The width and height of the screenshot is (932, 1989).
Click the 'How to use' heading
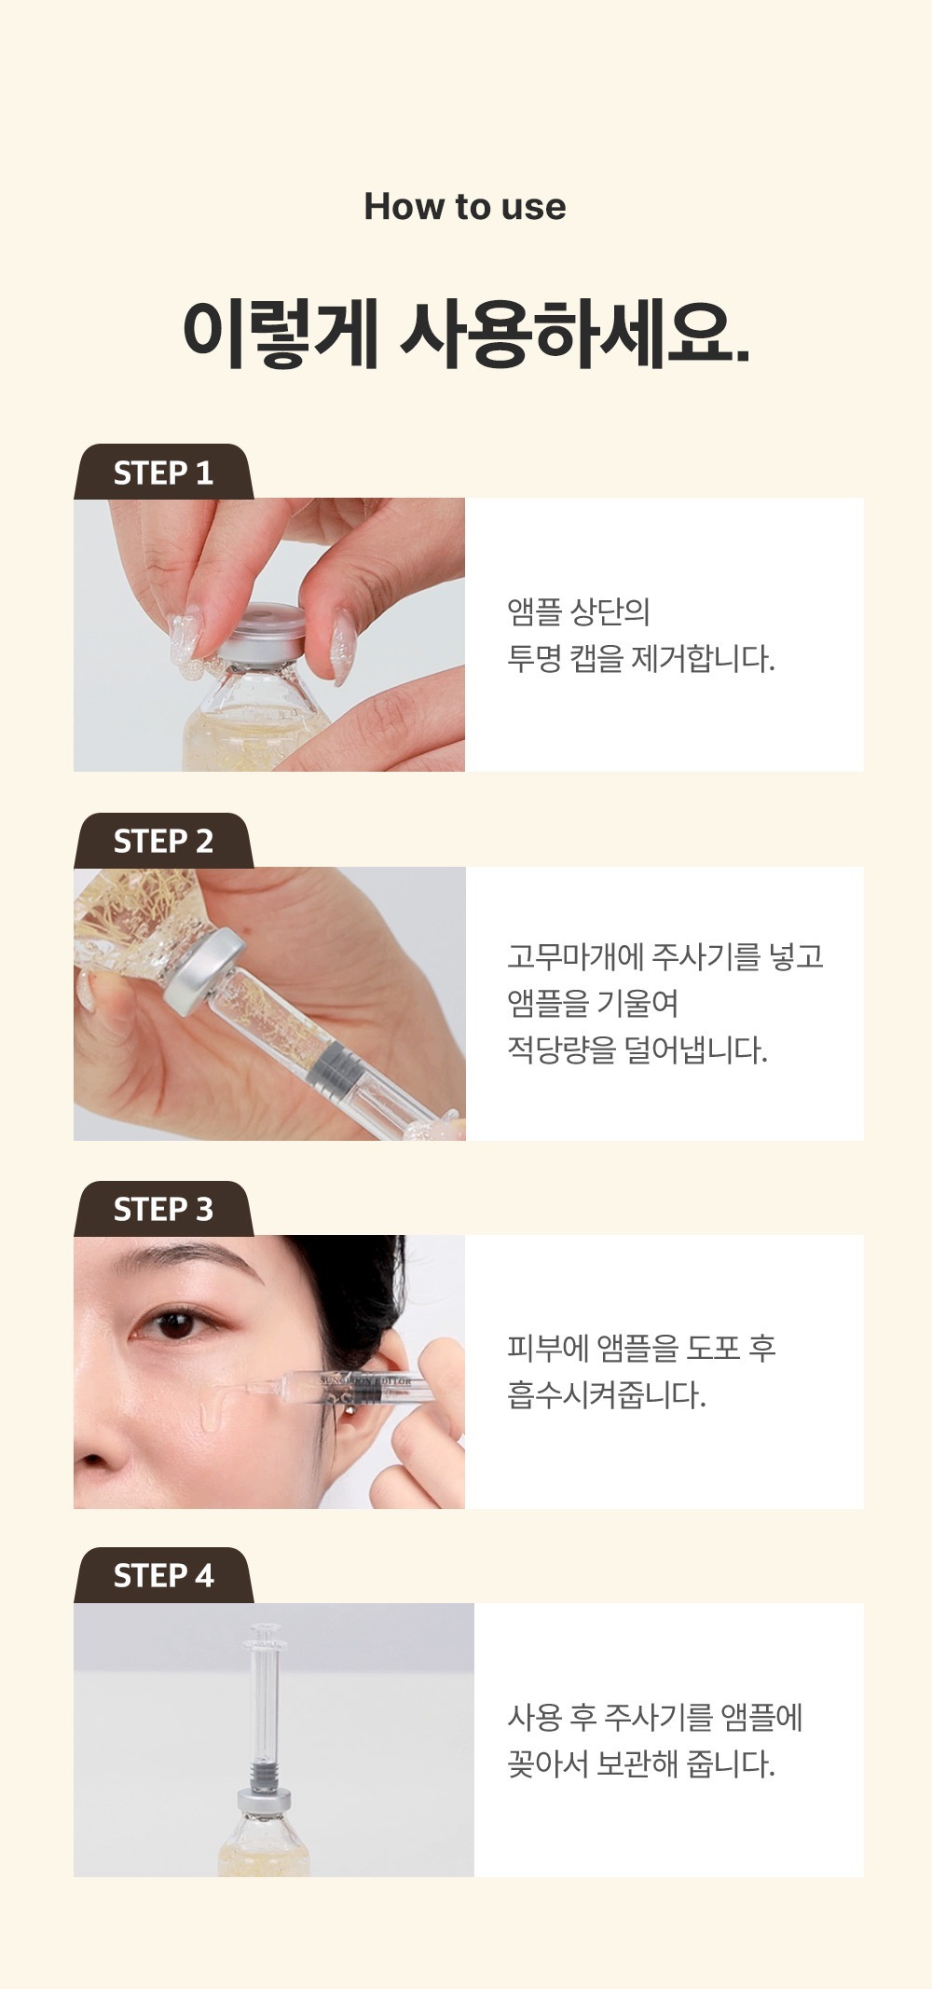point(465,207)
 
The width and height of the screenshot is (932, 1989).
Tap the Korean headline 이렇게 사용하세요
point(466,333)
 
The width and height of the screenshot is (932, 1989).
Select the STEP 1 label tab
point(163,472)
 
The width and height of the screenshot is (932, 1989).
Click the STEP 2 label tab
point(163,841)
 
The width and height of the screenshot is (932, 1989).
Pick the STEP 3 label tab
point(163,1209)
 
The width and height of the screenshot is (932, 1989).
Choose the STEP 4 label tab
point(163,1576)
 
